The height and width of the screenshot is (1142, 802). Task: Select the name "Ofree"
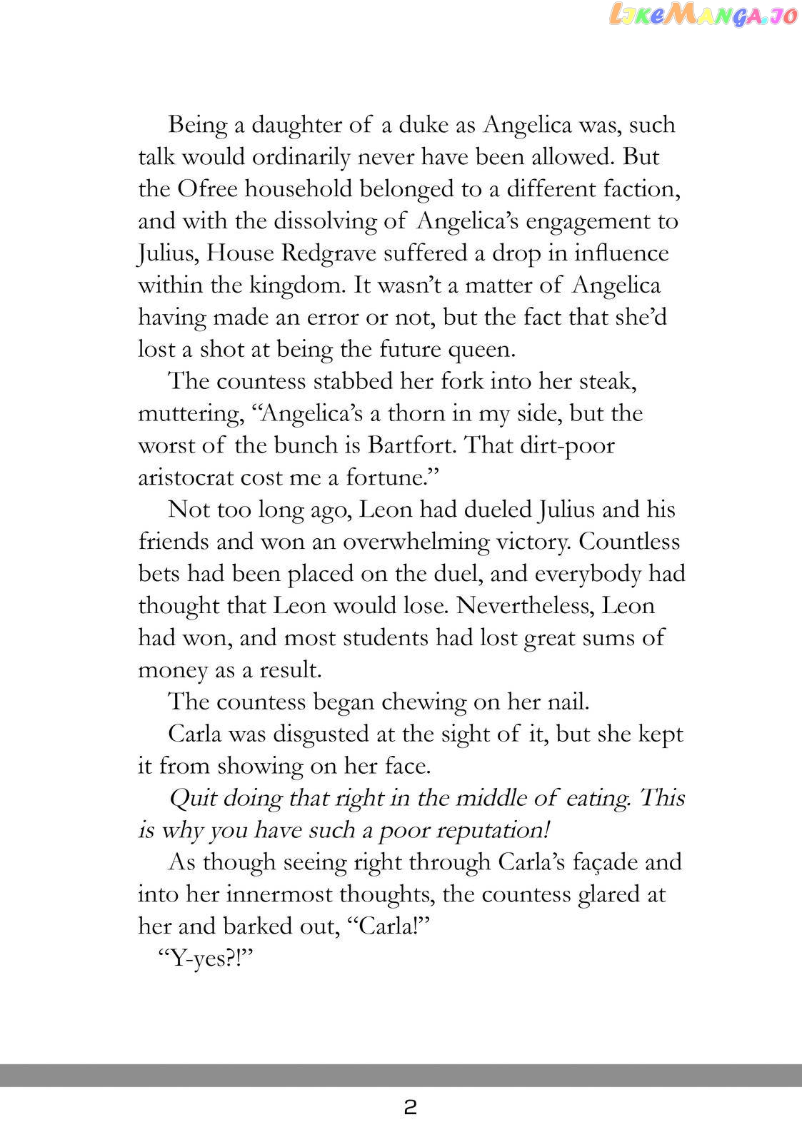[207, 189]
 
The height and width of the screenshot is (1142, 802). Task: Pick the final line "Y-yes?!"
[206, 959]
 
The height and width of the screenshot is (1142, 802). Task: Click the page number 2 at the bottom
[410, 1108]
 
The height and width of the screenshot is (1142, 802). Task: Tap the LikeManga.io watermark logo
[701, 16]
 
